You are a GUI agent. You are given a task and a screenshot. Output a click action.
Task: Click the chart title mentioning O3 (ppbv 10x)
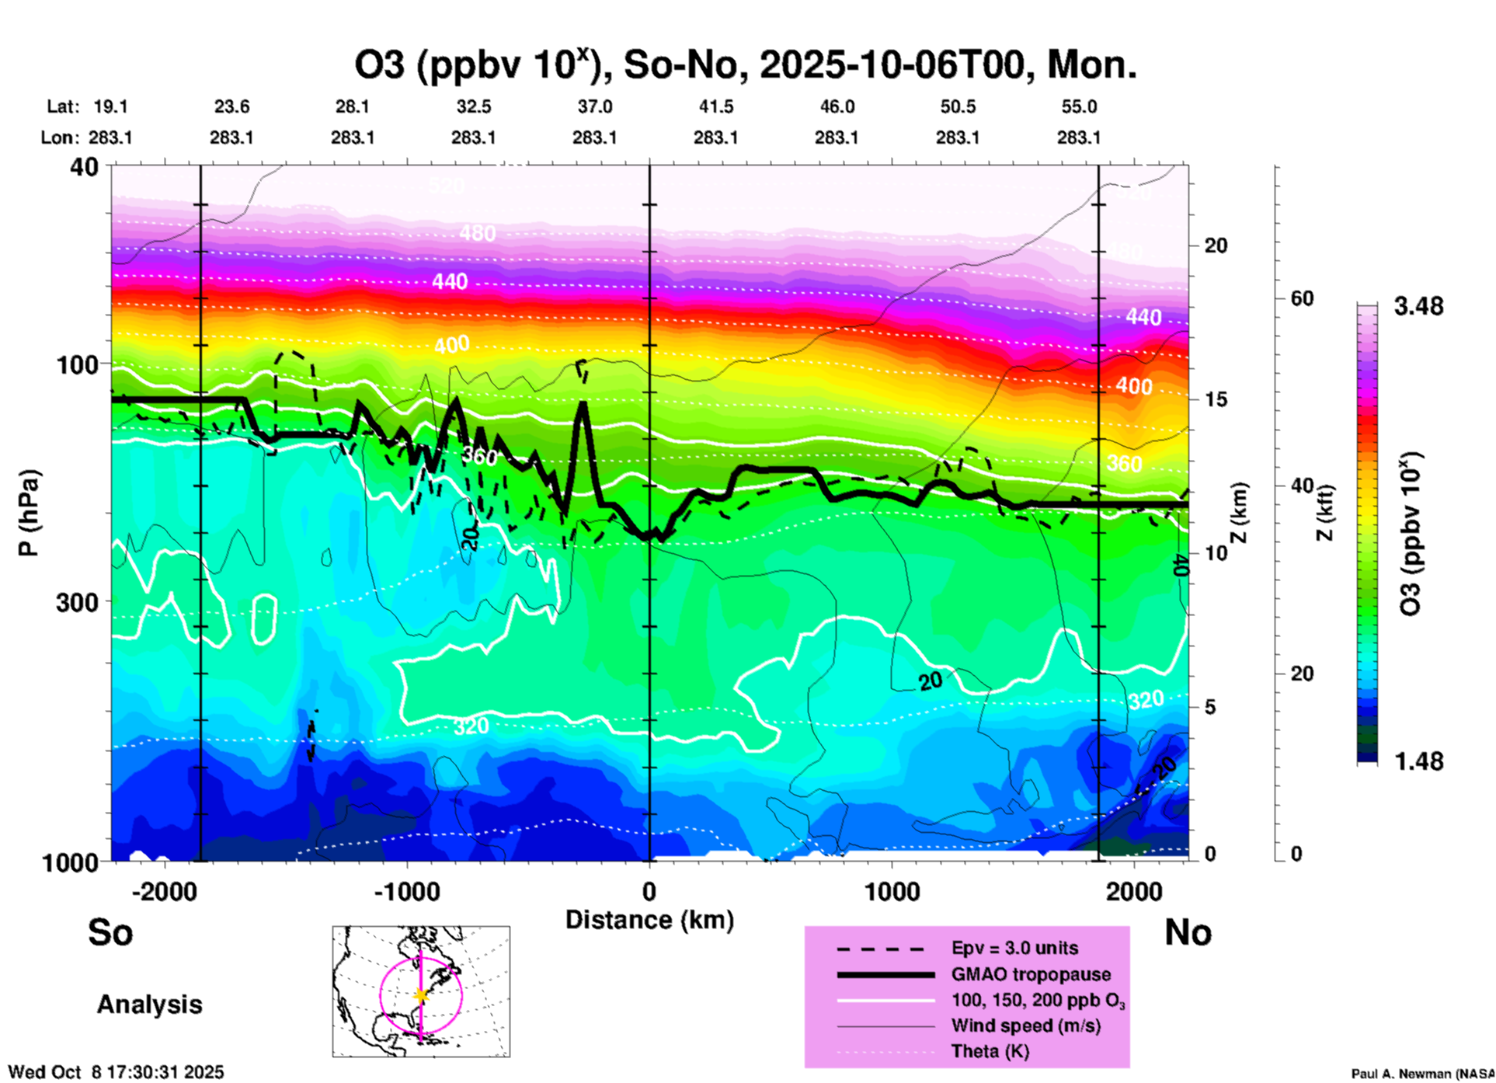tap(746, 65)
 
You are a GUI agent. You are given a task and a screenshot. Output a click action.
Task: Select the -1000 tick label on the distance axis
tap(406, 892)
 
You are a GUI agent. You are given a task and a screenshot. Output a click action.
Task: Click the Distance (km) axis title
tap(649, 920)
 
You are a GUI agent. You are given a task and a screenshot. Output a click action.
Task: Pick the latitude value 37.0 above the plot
tap(594, 107)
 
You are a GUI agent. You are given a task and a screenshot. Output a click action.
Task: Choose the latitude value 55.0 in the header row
tap(1079, 107)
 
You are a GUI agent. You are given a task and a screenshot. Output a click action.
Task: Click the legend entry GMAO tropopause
tap(1031, 974)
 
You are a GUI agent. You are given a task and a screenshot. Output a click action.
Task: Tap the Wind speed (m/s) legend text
tap(1025, 1026)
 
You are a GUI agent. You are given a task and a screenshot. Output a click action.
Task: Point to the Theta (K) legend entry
tap(990, 1051)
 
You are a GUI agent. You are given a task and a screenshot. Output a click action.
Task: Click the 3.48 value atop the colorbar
tap(1418, 307)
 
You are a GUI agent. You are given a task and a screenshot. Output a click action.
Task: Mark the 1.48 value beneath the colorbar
tap(1418, 761)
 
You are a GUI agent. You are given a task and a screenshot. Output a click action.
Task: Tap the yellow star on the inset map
tap(421, 995)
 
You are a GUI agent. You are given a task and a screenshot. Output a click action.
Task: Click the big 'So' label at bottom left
tap(110, 932)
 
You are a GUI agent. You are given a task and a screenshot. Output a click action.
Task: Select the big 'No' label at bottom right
tap(1188, 932)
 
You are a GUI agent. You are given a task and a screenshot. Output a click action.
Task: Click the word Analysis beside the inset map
tap(149, 1005)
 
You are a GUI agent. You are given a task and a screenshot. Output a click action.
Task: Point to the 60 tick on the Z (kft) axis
tap(1302, 298)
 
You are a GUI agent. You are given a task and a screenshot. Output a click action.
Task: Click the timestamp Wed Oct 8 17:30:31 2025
tap(117, 1072)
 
